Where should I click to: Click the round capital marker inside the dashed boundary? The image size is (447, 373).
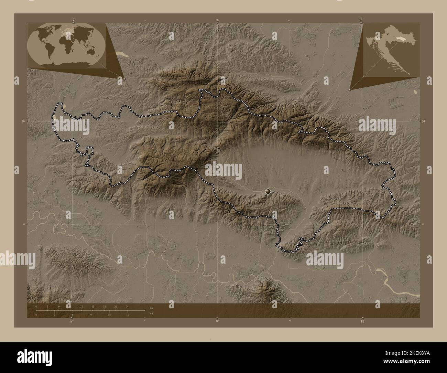[268, 191]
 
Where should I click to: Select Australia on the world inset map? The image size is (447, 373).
[91, 51]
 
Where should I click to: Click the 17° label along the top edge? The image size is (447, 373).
[73, 20]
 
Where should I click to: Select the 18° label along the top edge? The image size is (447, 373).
[361, 20]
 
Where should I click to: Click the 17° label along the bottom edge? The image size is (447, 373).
[71, 321]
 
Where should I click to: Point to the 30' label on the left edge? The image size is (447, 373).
[23, 121]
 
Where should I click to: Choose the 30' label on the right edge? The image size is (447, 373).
[423, 121]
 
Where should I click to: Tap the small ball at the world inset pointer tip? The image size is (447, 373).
[124, 79]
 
